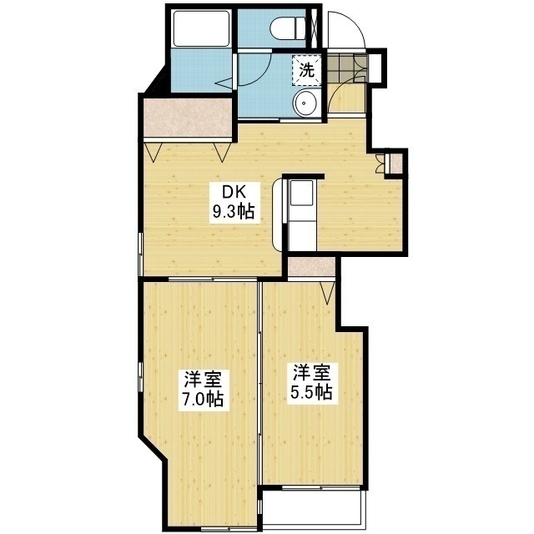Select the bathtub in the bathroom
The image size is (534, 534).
click(x=201, y=28)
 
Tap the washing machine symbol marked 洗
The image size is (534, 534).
click(x=306, y=70)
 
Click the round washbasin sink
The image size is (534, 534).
click(x=306, y=103)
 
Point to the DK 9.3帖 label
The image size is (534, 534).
click(x=234, y=203)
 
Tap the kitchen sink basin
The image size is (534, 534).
click(x=301, y=193)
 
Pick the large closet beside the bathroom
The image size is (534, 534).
click(x=187, y=117)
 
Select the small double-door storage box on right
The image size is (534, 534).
click(x=390, y=164)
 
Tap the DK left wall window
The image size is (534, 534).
click(x=140, y=254)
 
